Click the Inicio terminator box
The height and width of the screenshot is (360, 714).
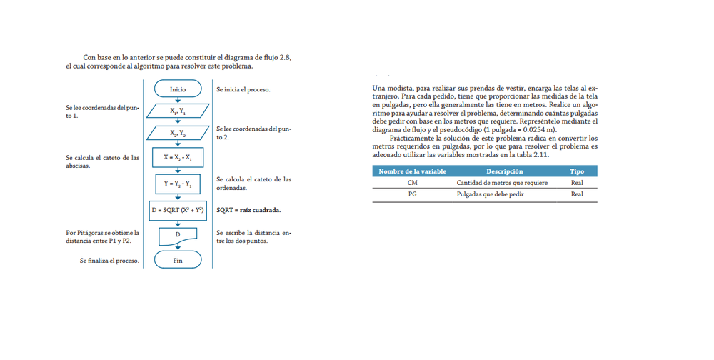[x=178, y=89]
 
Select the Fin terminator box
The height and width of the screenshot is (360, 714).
[x=178, y=261]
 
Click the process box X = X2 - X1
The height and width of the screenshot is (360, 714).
[x=178, y=157]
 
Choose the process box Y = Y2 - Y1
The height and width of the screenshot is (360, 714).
[x=178, y=184]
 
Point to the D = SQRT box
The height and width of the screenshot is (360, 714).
[x=178, y=210]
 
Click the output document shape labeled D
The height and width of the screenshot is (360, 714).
[x=178, y=235]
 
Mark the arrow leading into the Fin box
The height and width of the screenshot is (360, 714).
[x=178, y=248]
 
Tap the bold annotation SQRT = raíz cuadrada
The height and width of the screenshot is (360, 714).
[x=248, y=210]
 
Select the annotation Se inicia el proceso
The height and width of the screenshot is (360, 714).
[x=243, y=90]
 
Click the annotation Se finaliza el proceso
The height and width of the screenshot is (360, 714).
[x=109, y=261]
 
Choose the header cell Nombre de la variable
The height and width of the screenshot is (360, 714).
[x=412, y=171]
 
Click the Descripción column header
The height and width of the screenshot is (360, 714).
[x=504, y=171]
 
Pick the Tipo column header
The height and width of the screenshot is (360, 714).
[x=577, y=171]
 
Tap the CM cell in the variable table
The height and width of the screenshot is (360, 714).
[x=412, y=183]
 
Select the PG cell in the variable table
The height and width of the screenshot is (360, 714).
[x=412, y=194]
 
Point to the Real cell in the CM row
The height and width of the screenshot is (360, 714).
[x=577, y=183]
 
